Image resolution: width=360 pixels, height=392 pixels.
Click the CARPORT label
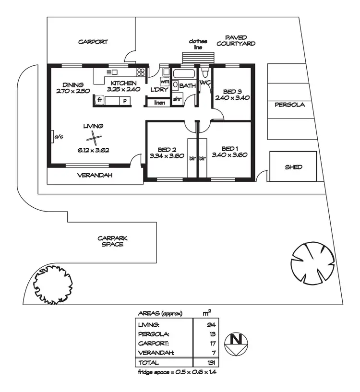point(93,42)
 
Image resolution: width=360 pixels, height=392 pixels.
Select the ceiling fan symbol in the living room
point(95,139)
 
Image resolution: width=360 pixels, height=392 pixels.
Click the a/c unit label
point(58,137)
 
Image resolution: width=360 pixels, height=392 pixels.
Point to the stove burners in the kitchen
point(141,72)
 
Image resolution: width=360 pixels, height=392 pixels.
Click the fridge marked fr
point(100,101)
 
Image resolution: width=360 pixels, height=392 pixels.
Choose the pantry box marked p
point(125,101)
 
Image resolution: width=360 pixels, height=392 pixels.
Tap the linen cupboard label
point(159,102)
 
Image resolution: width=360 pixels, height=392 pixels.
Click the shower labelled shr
point(177,99)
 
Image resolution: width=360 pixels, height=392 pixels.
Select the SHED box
point(293,167)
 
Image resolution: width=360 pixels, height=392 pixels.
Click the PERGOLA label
point(289,105)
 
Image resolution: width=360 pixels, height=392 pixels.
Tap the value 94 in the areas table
point(212,325)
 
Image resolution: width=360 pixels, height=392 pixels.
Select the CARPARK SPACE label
point(112,241)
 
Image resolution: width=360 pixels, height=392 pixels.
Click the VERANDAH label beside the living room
point(95,176)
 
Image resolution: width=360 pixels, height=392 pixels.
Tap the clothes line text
point(198,44)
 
